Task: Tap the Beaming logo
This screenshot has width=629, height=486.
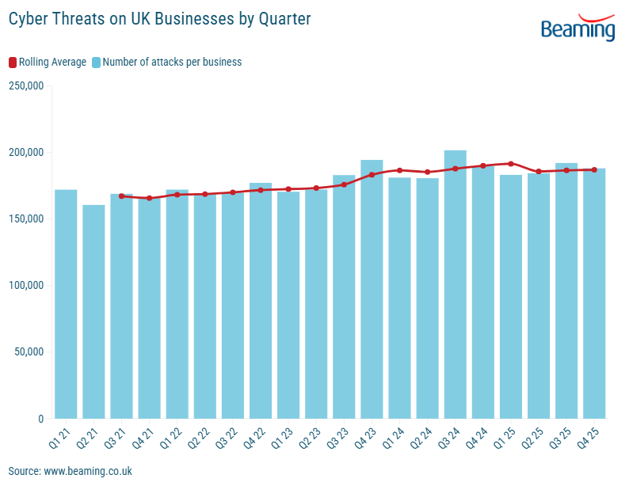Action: tap(578, 28)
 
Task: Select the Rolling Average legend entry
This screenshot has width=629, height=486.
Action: tap(48, 62)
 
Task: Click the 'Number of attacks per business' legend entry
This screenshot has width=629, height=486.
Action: tap(166, 62)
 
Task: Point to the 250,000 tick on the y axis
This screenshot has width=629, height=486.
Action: tap(26, 86)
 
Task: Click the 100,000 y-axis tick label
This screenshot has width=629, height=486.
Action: tap(26, 286)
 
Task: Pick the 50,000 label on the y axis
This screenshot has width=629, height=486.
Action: tap(29, 352)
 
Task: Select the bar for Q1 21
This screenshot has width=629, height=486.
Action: tap(66, 304)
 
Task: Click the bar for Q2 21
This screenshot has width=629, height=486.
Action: tap(93, 312)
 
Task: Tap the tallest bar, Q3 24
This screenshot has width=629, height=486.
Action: tap(455, 284)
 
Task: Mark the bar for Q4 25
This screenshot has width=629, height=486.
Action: tap(594, 293)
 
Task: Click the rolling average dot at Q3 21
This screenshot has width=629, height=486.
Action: tap(121, 196)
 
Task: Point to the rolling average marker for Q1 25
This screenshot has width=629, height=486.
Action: tap(511, 164)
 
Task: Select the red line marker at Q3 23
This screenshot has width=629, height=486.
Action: tap(344, 184)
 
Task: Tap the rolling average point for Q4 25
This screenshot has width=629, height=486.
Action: tap(594, 169)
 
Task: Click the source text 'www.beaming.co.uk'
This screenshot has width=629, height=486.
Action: tap(88, 471)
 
